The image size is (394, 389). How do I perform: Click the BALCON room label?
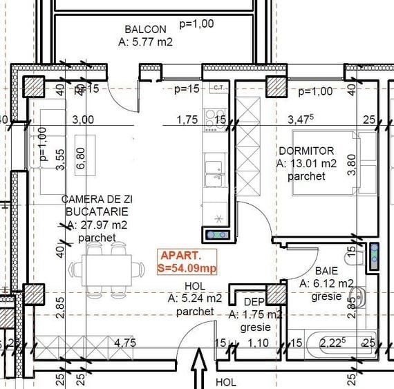click(145, 29)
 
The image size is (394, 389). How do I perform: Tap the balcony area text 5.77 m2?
click(145, 41)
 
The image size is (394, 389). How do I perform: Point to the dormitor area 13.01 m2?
click(306, 164)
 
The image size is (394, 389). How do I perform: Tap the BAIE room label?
click(327, 271)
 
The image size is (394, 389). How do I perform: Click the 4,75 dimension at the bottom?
click(124, 342)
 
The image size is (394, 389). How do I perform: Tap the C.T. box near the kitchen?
click(218, 87)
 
